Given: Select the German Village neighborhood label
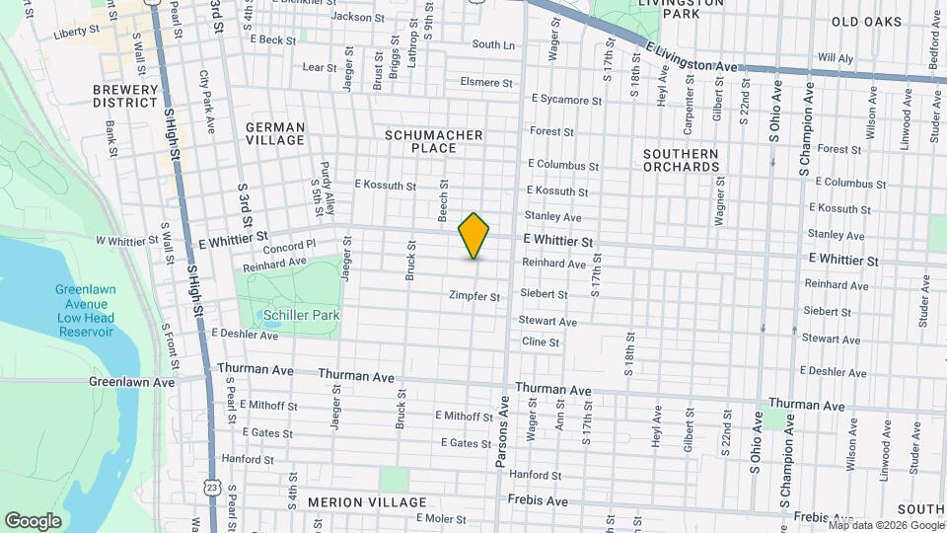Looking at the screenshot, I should pos(275,134).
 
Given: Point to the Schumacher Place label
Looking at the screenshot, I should pos(434,141).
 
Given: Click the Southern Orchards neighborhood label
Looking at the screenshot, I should pos(681,161).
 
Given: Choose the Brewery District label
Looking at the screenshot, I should pos(125,96).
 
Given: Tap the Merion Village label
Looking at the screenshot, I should pos(353,502).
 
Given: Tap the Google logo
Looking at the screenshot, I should pos(33,520).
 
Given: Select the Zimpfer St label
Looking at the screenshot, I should pos(474,296).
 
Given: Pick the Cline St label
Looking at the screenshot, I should pos(541,343).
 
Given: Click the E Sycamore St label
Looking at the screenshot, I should pos(566,100).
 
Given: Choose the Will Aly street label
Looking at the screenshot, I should pos(836,58).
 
